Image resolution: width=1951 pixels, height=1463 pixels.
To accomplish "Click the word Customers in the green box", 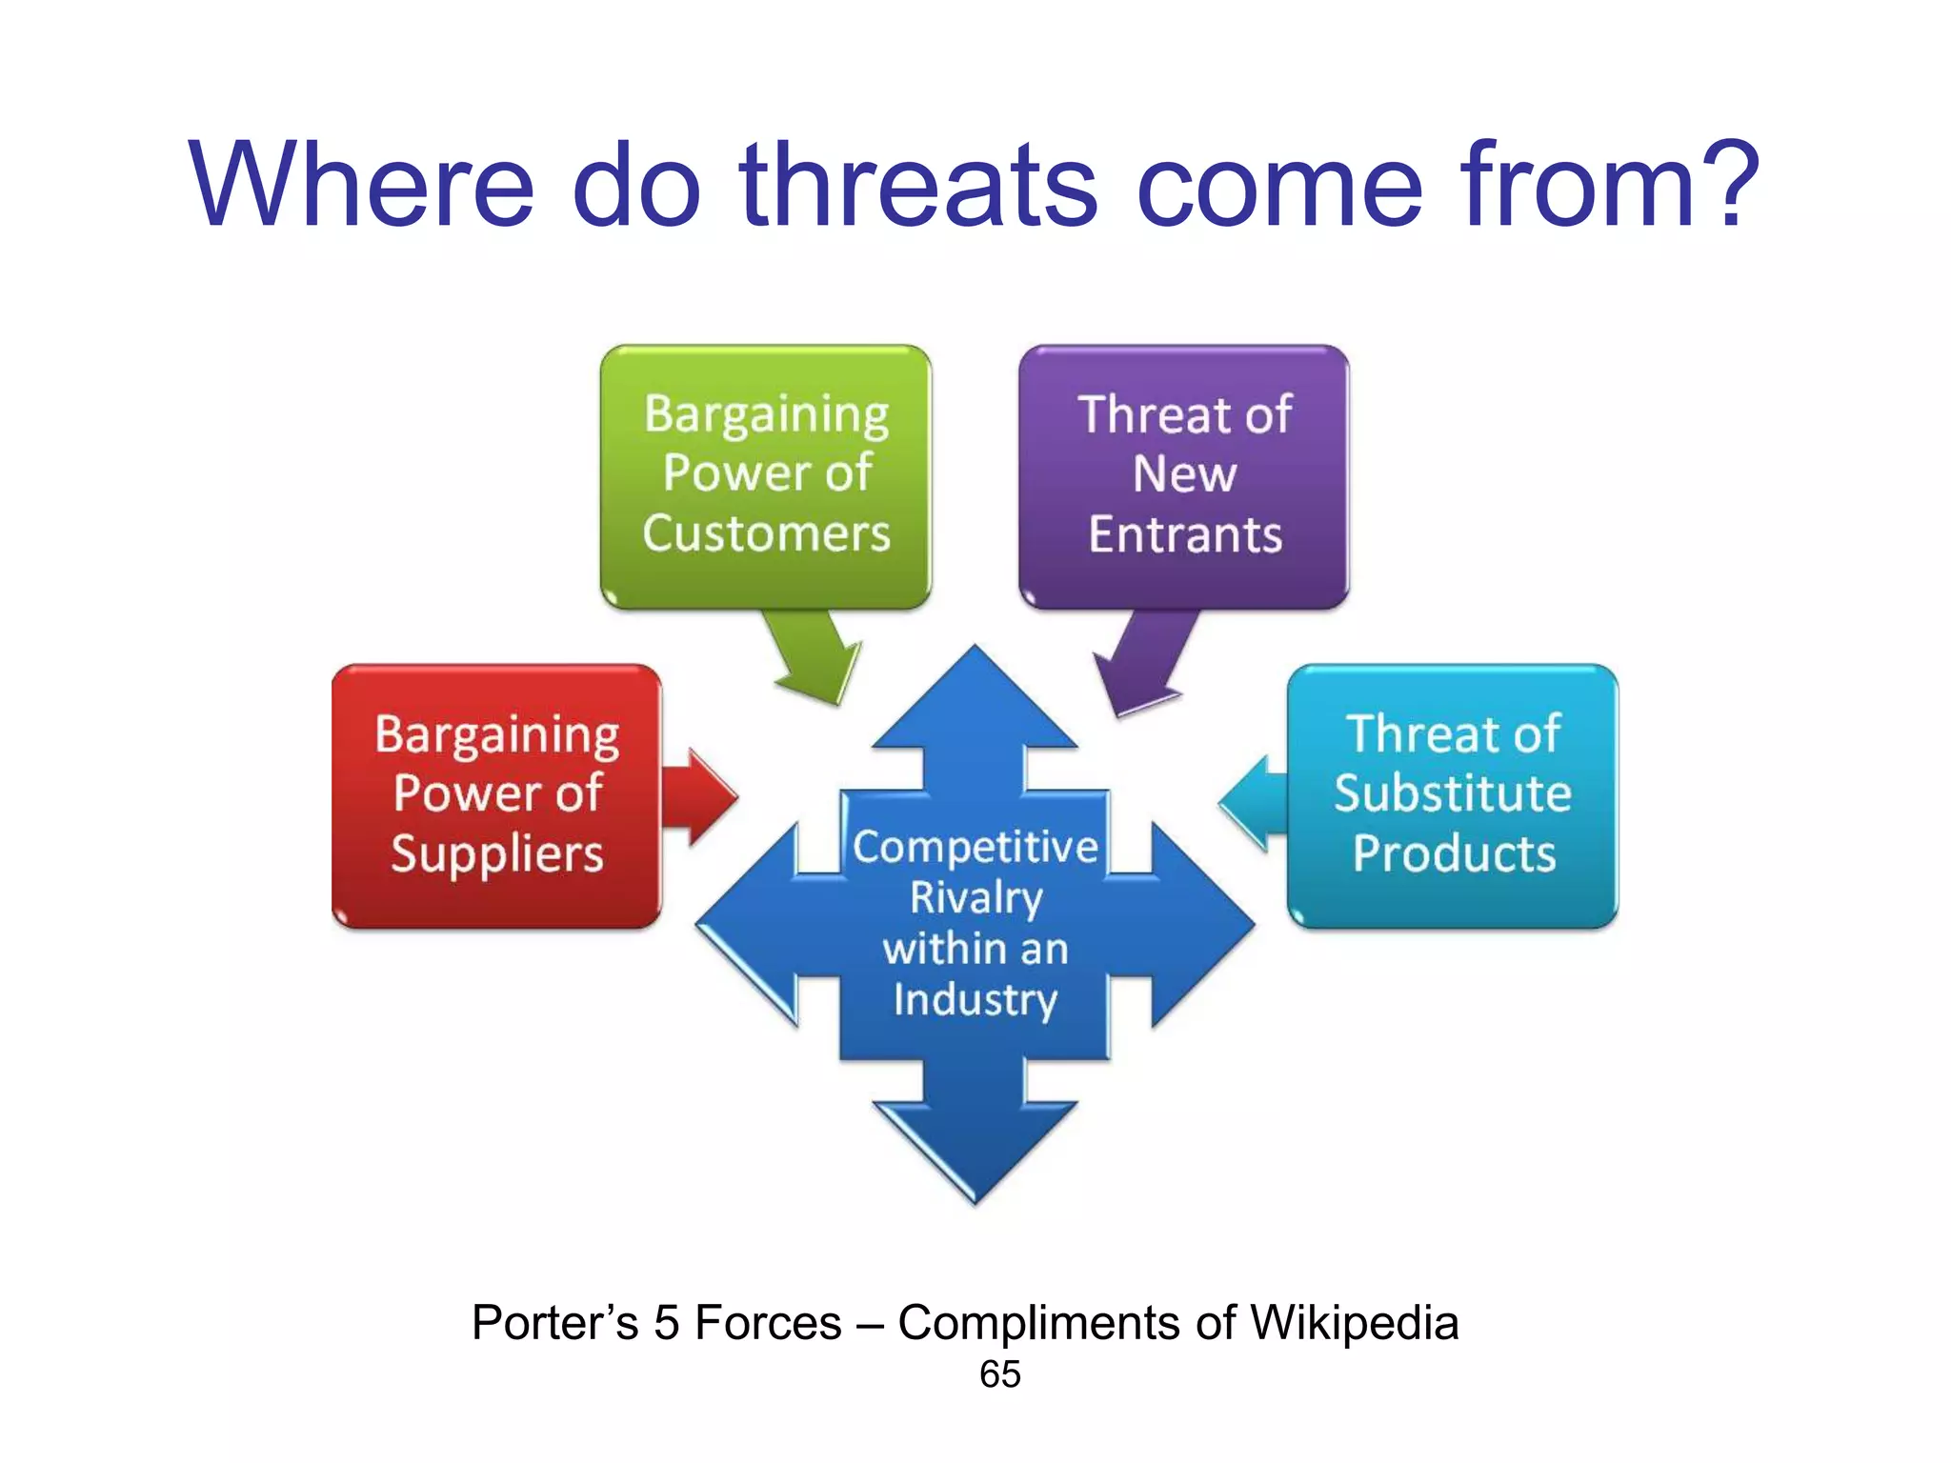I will point(766,533).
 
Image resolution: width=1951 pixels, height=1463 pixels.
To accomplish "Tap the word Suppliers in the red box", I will point(497,854).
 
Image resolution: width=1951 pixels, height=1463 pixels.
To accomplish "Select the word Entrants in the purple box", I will point(1185,534).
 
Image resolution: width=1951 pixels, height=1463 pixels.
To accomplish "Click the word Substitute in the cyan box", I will point(1453,793).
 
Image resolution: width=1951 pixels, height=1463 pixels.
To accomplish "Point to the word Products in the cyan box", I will point(1454,853).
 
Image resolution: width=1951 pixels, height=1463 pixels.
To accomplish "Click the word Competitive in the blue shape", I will point(975,847).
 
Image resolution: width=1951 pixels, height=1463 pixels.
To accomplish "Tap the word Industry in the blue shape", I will point(975,1000).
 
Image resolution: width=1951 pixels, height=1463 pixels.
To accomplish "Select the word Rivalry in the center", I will point(975,898).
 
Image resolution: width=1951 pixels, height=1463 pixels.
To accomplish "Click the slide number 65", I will point(999,1374).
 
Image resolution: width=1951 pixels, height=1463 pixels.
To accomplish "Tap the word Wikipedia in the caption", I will point(1354,1323).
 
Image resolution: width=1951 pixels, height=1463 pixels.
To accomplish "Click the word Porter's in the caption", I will point(554,1323).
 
